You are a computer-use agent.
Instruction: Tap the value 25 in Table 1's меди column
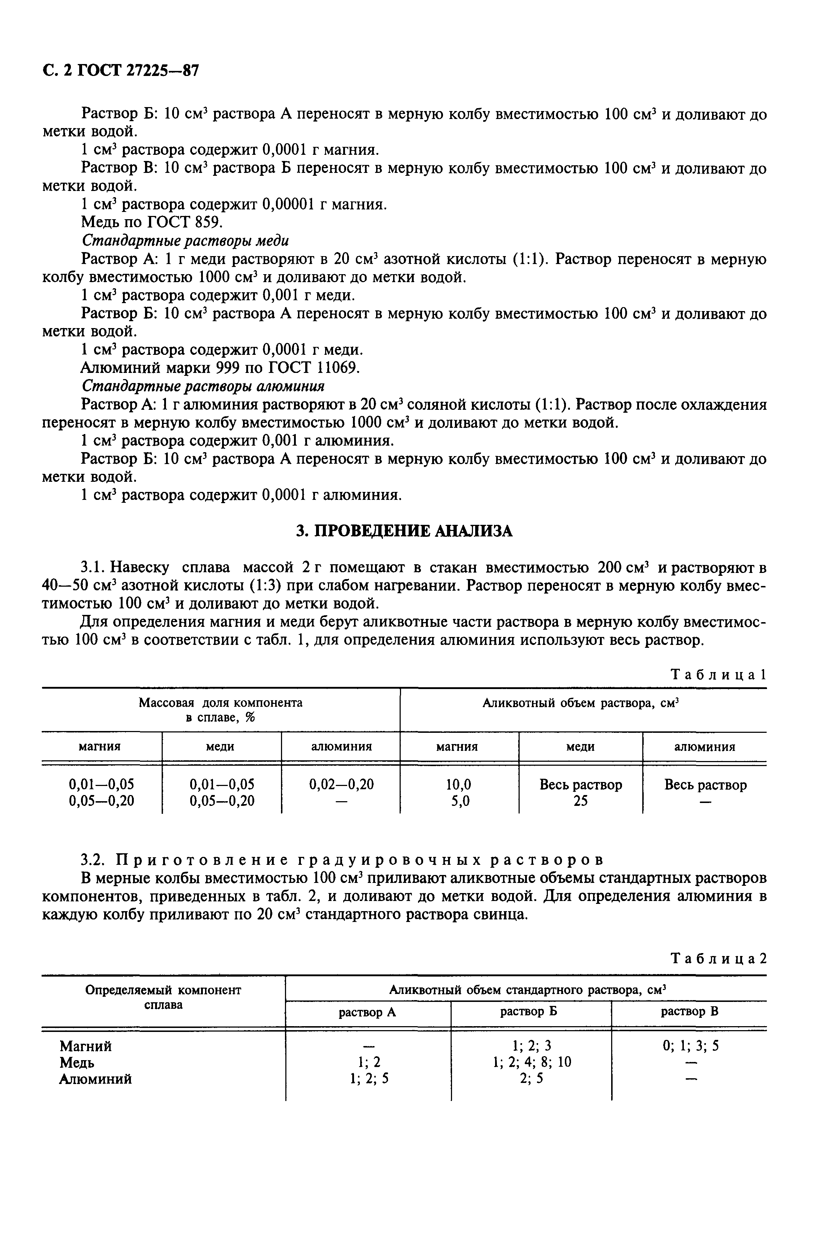(x=580, y=801)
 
